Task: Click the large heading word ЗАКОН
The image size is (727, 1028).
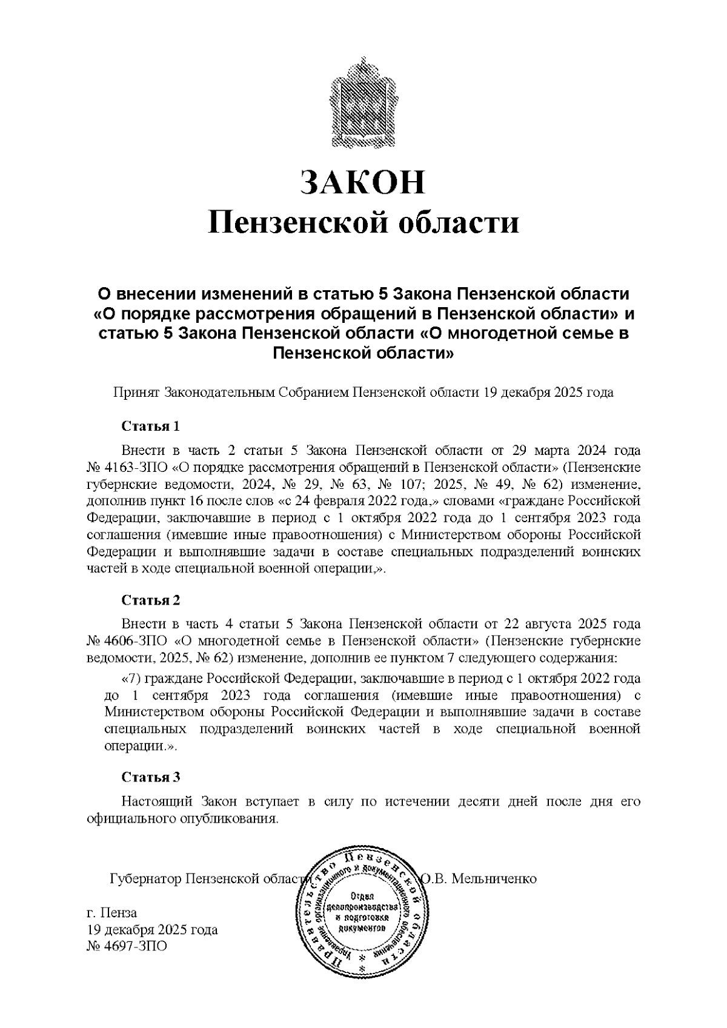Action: [x=363, y=182]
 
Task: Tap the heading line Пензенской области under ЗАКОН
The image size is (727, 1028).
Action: [x=363, y=222]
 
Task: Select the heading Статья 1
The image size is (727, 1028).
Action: [x=151, y=426]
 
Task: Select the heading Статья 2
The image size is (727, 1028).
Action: [x=151, y=600]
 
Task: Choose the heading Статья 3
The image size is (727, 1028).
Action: [x=151, y=777]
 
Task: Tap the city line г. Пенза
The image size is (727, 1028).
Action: [x=113, y=913]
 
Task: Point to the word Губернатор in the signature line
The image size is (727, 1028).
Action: [x=144, y=878]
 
